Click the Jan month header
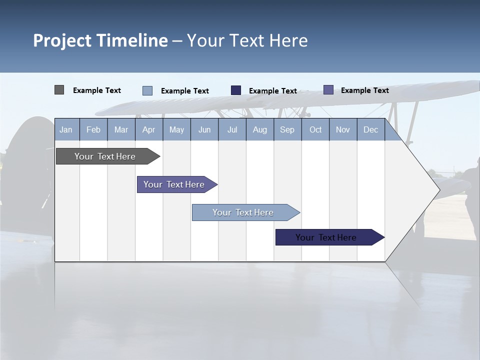pos(66,129)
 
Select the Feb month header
pos(93,129)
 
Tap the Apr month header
pos(148,129)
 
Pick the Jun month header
pos(204,129)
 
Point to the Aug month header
pos(260,129)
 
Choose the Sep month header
pos(287,129)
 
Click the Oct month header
pos(315,129)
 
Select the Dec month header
pos(370,129)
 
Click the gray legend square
pos(59,90)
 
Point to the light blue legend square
pos(147,90)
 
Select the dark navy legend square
pos(236,90)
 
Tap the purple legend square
pos(328,90)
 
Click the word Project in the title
pos(62,40)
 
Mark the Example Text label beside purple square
pos(364,90)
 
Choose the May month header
pos(176,129)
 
